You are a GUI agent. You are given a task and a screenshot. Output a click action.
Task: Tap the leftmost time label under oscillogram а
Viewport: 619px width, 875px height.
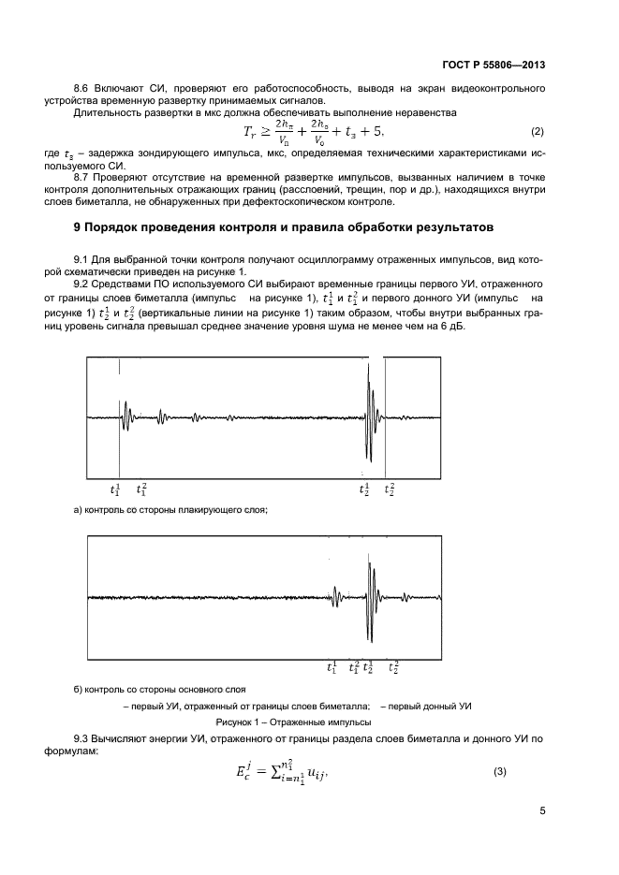115,489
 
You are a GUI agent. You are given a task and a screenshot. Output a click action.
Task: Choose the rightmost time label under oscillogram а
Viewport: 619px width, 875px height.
390,489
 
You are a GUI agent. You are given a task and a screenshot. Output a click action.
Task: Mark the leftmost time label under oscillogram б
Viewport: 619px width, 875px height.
332,667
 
